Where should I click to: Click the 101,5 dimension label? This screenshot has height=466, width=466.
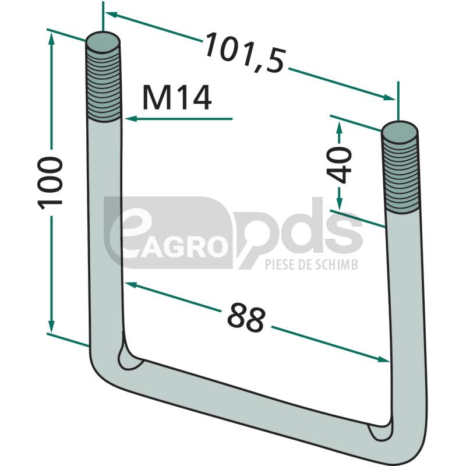(245, 52)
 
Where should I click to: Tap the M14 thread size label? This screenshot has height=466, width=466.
(177, 97)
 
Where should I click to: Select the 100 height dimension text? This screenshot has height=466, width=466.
(50, 183)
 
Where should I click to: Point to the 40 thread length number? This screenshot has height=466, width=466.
(339, 165)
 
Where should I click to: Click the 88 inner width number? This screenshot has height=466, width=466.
(246, 317)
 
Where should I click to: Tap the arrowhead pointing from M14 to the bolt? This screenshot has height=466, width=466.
(130, 119)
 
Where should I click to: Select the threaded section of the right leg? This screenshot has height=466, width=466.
(401, 175)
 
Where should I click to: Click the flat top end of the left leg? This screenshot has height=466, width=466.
(103, 41)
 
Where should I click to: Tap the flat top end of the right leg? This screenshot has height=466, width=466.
(400, 132)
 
